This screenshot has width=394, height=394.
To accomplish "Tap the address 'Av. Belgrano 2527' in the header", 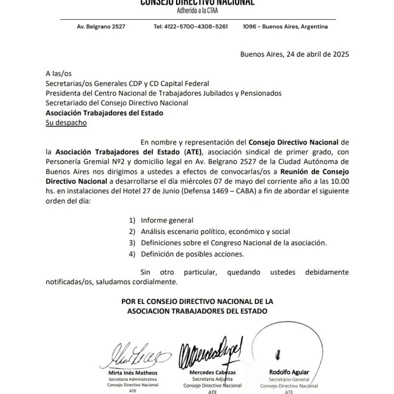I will coord(101,27).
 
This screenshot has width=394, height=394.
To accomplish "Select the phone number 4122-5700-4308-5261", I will coord(190,27).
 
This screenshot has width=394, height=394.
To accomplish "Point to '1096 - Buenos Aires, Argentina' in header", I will coord(285,27).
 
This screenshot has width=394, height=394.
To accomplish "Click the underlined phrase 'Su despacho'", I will coord(66,122).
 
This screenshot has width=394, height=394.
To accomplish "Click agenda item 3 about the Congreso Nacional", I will coord(233,243).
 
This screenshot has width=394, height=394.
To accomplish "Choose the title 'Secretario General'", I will coord(290,379).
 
